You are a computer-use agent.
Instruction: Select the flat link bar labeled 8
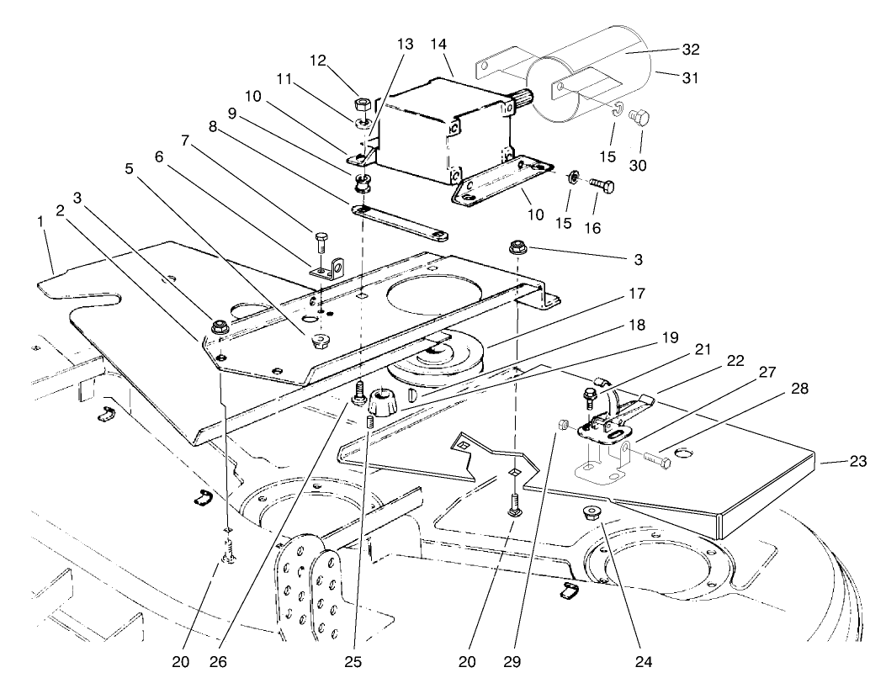click(400, 221)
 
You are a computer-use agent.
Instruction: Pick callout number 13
click(406, 44)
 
